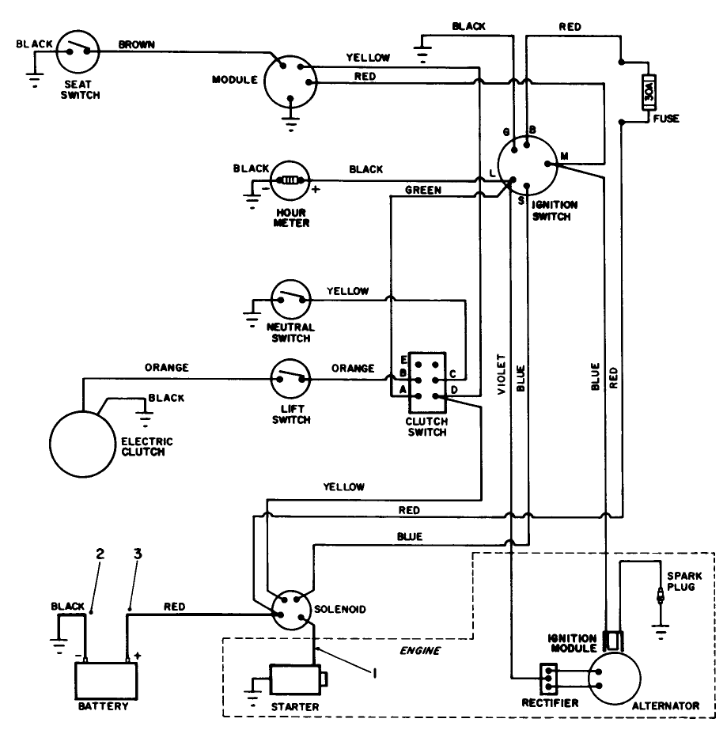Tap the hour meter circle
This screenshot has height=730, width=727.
(290, 180)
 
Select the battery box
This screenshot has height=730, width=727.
(106, 678)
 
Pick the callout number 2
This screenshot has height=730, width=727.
(100, 554)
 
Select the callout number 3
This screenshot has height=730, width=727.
(138, 554)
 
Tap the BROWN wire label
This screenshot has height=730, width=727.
(136, 44)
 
